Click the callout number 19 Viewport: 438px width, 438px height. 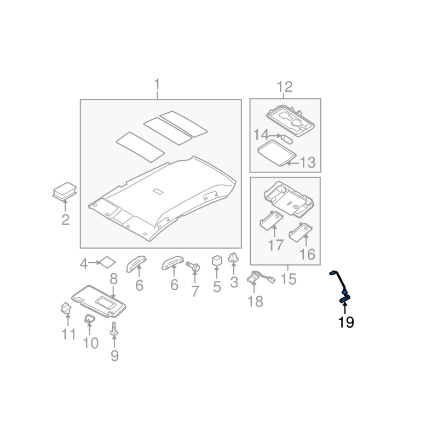point(346,322)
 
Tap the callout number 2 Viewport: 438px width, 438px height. point(65,220)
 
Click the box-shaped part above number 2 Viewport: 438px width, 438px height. point(65,191)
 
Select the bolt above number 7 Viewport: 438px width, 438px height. point(194,267)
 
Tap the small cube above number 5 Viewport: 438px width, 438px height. point(217,260)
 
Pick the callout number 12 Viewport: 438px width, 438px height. point(285,87)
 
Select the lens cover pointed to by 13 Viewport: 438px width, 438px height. point(274,153)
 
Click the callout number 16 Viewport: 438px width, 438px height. point(307,254)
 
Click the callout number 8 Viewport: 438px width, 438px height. point(114,279)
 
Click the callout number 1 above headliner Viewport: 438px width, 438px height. point(157,85)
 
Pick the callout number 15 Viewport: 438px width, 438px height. point(288,280)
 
